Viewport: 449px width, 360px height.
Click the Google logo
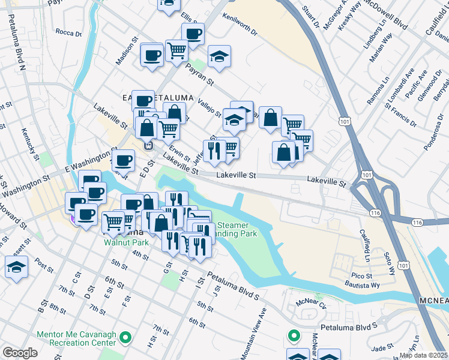click(x=20, y=353)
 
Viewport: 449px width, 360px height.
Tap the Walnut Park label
click(x=125, y=243)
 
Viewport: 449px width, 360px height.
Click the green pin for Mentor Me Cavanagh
click(x=125, y=338)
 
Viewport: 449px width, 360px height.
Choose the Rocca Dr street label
click(x=67, y=31)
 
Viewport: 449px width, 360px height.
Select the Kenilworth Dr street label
click(x=238, y=25)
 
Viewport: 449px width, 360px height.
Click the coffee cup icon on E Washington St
click(x=124, y=160)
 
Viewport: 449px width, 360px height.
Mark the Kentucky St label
click(x=29, y=139)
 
